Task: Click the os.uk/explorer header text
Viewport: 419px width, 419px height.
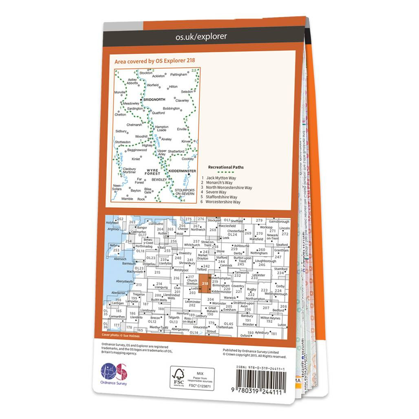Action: point(201,37)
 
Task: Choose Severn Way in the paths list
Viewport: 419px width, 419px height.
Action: point(216,192)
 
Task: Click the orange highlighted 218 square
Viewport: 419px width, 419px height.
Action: point(205,284)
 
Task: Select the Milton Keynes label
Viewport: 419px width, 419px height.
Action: point(271,318)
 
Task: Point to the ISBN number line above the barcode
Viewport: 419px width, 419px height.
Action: point(261,368)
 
